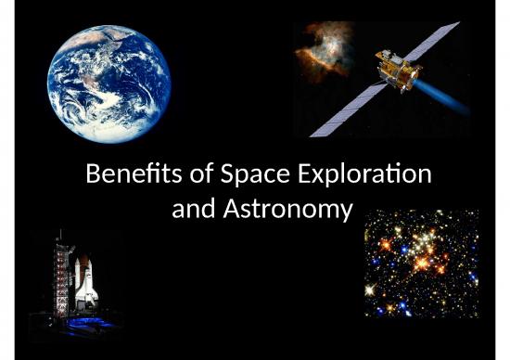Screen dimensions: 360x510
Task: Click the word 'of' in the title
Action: pos(186,174)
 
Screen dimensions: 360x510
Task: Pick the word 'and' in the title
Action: pos(193,210)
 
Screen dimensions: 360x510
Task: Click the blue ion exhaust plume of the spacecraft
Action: pos(440,92)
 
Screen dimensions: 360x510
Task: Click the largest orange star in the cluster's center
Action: pos(427,263)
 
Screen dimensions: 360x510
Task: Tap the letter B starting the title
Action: pos(91,174)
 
